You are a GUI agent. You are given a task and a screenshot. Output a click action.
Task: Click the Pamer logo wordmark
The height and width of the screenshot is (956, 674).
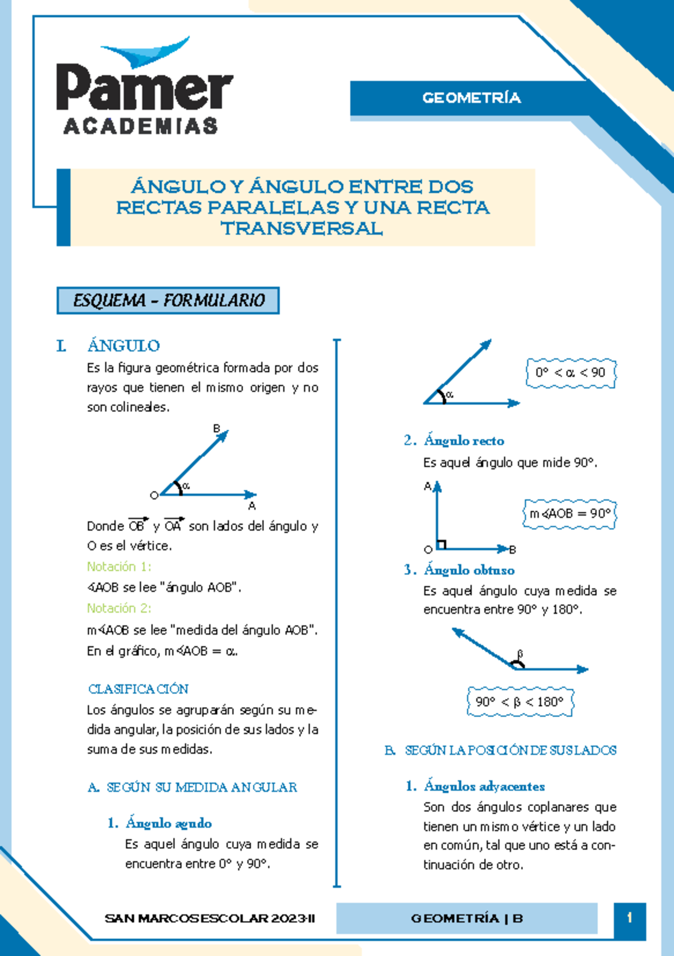tap(144, 87)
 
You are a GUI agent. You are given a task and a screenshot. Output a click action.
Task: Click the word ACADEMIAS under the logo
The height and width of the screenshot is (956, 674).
tap(140, 126)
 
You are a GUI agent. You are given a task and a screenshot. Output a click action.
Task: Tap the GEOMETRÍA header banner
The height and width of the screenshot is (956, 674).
tap(471, 98)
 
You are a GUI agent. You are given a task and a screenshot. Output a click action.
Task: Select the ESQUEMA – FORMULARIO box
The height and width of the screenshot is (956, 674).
tap(168, 301)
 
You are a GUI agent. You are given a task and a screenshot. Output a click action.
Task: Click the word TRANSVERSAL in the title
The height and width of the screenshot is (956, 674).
tap(302, 229)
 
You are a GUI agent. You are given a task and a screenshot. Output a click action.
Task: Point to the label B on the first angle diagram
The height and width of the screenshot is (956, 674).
tap(216, 429)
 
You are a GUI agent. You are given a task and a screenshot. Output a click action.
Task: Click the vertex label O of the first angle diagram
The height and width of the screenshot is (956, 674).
tap(154, 495)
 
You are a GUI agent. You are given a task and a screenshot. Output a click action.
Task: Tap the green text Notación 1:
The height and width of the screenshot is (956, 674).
tap(119, 566)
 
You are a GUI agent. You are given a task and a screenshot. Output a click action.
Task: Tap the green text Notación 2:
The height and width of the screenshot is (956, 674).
tap(119, 608)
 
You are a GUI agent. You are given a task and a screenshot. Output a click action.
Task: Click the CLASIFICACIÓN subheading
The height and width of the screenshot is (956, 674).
tap(138, 689)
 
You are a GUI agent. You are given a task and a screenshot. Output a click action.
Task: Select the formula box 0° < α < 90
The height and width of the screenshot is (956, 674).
tap(570, 373)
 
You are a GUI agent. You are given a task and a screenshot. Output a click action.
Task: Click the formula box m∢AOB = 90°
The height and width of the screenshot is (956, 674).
tap(570, 513)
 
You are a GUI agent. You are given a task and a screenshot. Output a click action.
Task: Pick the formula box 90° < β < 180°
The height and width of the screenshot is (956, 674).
tap(519, 702)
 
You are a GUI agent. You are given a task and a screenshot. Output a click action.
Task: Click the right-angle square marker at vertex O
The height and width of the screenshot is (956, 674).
tap(441, 544)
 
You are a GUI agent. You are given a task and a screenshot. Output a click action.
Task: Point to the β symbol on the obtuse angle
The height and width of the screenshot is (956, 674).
tap(520, 653)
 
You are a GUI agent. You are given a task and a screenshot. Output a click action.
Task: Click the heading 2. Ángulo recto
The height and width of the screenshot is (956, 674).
tap(454, 441)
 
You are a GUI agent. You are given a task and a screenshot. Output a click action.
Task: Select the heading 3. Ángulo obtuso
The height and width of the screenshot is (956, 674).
tap(459, 570)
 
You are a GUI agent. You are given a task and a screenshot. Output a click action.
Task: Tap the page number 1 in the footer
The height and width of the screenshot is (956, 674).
tap(630, 918)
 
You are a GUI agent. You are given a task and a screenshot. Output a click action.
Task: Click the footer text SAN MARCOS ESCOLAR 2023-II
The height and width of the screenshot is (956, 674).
tap(210, 919)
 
